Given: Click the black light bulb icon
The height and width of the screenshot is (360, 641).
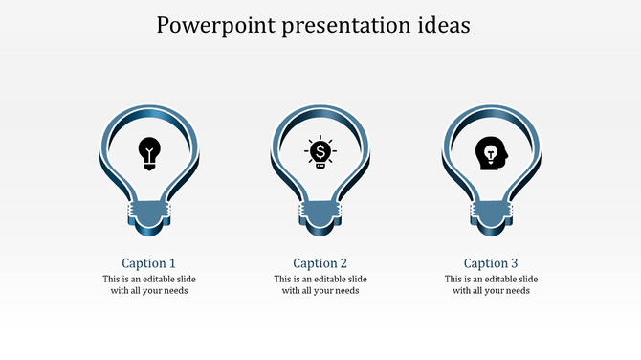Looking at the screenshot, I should pos(149,153).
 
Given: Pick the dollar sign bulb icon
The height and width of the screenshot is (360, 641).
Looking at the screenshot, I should pos(320,153).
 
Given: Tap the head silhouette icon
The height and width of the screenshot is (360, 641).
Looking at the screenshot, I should pos(492,153).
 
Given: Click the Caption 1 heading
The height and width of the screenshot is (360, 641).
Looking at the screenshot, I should pos(149,263).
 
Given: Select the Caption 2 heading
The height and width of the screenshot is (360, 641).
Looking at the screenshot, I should pos(320,263).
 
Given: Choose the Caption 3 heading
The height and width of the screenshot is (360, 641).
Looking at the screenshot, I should pos(491,263).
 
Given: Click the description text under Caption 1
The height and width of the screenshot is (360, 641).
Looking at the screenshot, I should pos(149,285).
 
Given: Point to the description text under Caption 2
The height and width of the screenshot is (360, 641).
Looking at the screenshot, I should pos(320,285).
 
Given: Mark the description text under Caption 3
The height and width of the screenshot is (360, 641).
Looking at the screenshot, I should pos(491,285).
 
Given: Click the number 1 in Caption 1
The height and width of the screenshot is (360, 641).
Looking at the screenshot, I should pos(172,263).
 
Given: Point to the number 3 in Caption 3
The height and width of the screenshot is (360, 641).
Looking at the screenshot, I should pos(514,263).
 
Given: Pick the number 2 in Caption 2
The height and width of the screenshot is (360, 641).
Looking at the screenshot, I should pos(343,263).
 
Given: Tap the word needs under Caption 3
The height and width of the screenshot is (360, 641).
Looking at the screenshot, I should pos(517,291).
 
